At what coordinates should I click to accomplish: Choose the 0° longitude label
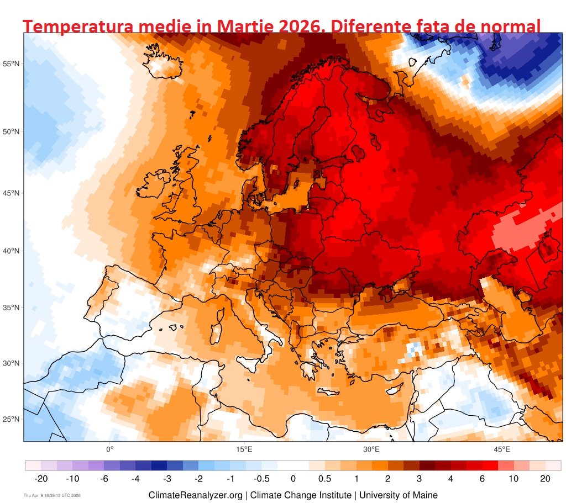point(109,449)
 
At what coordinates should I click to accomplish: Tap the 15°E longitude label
point(244,449)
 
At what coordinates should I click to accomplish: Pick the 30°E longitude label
point(371,449)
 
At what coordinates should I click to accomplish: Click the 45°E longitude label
point(502,449)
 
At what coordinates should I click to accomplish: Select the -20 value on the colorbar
point(41,479)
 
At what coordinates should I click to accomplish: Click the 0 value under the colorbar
point(294,479)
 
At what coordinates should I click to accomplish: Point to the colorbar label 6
point(482,479)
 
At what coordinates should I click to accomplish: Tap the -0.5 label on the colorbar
point(262,479)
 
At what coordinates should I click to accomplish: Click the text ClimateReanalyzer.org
point(195,495)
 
